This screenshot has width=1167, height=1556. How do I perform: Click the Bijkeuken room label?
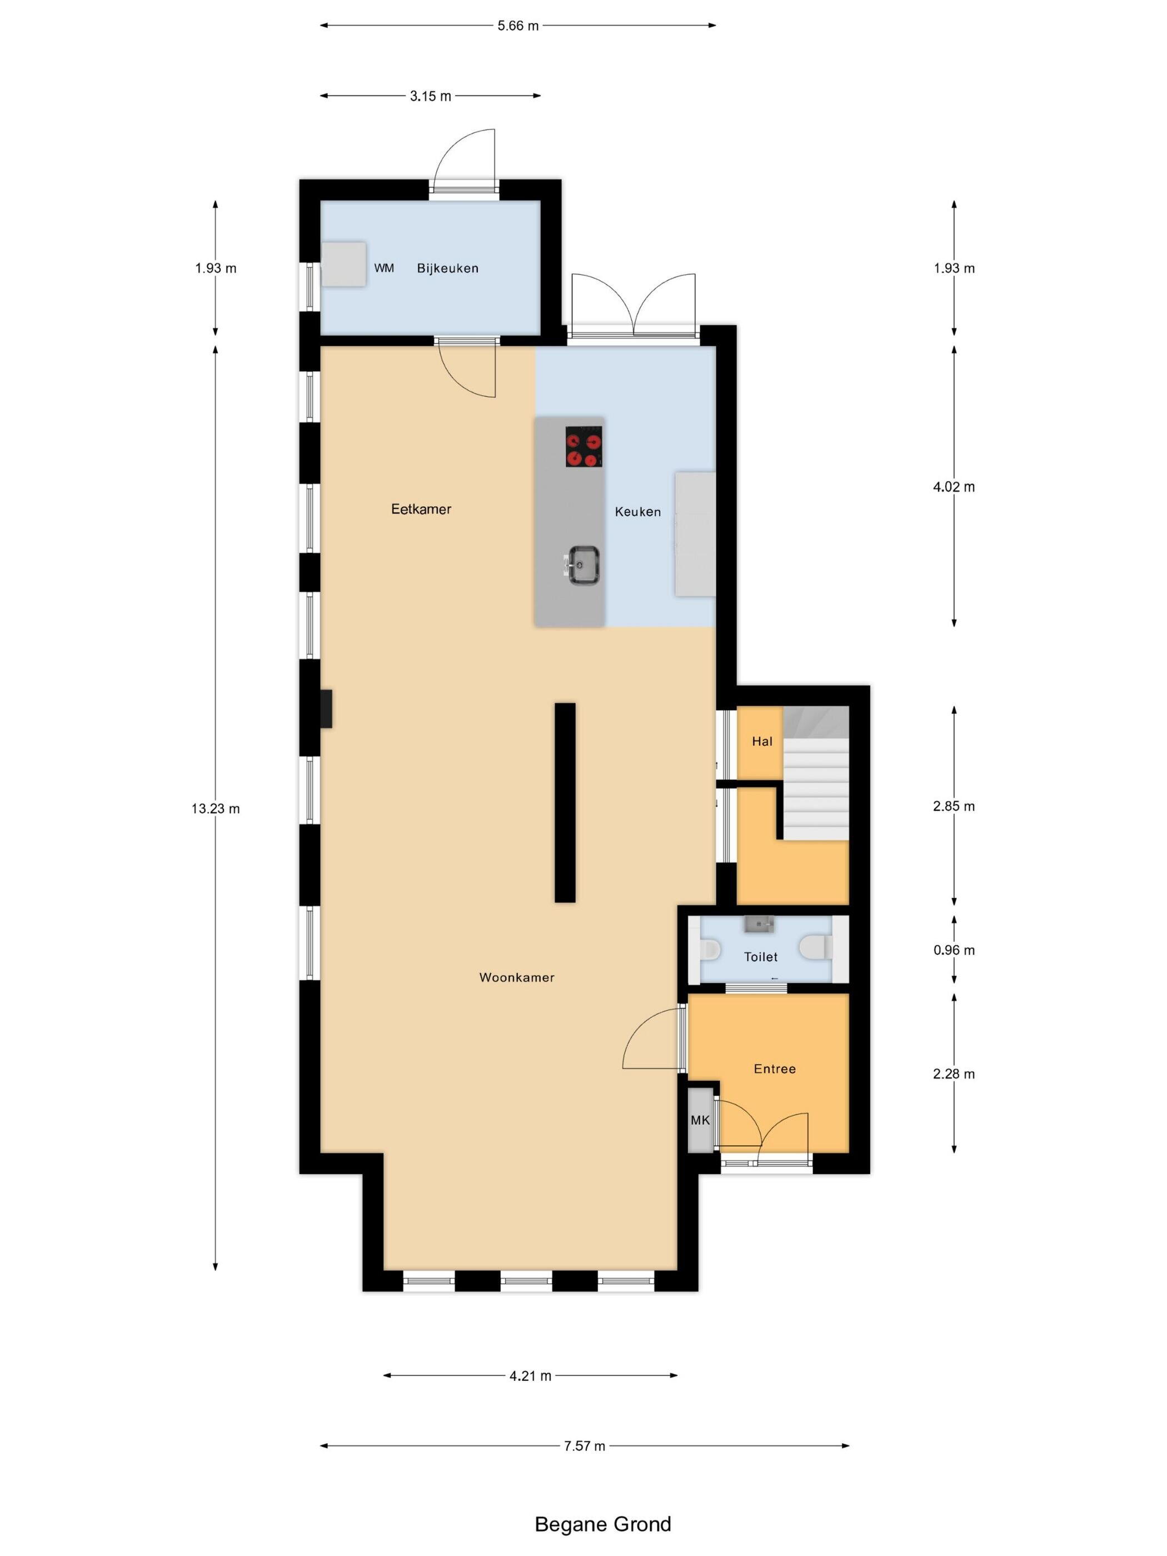click(x=447, y=268)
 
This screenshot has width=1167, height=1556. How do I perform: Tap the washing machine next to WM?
click(x=344, y=264)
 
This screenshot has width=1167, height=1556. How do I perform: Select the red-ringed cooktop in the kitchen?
click(x=584, y=447)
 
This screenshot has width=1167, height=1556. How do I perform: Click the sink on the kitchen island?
click(x=582, y=564)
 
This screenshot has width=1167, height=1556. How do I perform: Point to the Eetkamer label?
click(x=421, y=508)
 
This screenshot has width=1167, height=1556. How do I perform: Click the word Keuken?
click(x=637, y=511)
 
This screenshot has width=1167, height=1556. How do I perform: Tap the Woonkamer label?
click(x=516, y=977)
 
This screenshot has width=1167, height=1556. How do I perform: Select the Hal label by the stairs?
click(x=762, y=741)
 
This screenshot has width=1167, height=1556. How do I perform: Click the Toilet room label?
click(x=760, y=957)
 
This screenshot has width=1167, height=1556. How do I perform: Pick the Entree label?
click(x=775, y=1069)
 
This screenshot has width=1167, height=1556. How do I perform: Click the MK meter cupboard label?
click(x=700, y=1120)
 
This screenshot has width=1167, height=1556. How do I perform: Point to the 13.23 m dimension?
click(x=215, y=808)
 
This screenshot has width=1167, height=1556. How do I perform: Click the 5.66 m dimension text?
click(x=518, y=26)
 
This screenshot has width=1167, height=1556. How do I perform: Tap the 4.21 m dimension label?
click(x=530, y=1375)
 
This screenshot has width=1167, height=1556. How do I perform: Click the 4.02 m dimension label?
click(x=954, y=486)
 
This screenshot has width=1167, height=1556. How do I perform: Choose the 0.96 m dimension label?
click(x=954, y=950)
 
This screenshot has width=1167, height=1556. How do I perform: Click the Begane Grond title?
click(x=603, y=1524)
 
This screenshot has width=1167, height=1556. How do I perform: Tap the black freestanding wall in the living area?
click(x=565, y=802)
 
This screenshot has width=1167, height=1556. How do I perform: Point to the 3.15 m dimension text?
click(x=431, y=96)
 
